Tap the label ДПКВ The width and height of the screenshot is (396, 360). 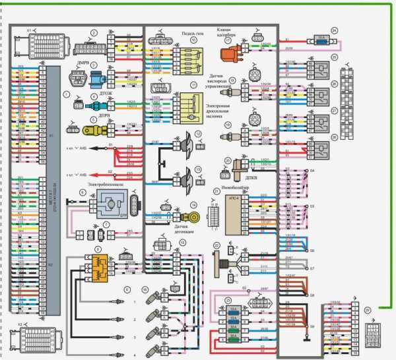[x=242, y=177]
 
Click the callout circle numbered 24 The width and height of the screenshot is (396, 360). [x=334, y=30]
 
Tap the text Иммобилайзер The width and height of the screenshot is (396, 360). [x=239, y=188]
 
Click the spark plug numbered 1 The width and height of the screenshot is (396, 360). [x=119, y=302]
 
